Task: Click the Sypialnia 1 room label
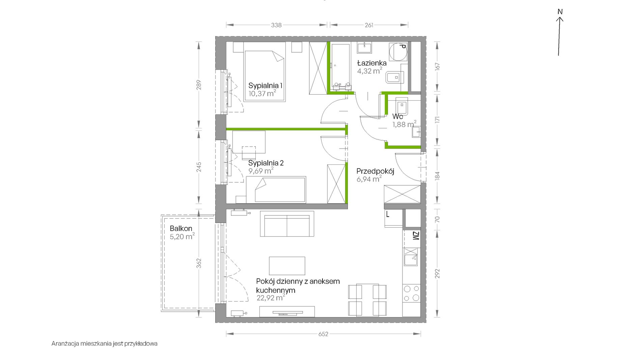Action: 265,85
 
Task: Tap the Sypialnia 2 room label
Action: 266,163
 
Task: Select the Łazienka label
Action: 372,63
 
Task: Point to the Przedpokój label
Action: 375,171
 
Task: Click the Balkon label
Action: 181,228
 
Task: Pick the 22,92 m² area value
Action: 271,298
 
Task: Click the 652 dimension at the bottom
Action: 323,334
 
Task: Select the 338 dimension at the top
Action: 276,25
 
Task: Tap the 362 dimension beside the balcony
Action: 199,263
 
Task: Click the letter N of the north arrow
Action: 560,12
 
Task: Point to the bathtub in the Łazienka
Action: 341,66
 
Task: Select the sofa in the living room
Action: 287,224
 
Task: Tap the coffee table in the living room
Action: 287,266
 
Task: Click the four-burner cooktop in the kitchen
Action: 412,293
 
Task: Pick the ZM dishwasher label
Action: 416,236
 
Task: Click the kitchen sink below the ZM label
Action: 411,257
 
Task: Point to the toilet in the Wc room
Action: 402,106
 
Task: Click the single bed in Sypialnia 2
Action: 276,190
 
